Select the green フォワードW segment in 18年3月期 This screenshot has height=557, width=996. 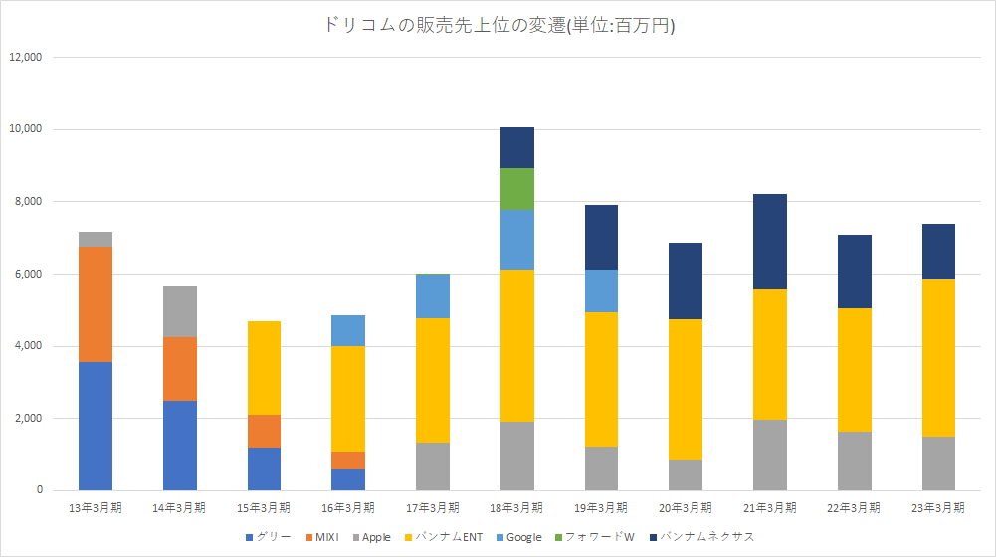pyautogui.click(x=517, y=189)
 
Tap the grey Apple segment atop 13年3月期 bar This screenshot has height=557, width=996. pyautogui.click(x=96, y=239)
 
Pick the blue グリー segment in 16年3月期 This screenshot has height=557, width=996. pyautogui.click(x=348, y=479)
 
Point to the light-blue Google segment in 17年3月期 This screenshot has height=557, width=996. pyautogui.click(x=433, y=295)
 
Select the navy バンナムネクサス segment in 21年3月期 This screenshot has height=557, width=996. pyautogui.click(x=770, y=242)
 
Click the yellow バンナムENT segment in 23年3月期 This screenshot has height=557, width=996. pyautogui.click(x=938, y=358)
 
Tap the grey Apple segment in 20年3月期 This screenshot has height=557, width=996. pyautogui.click(x=686, y=474)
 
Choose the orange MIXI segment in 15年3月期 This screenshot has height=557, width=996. pyautogui.click(x=264, y=431)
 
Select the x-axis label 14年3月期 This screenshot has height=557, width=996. pyautogui.click(x=180, y=507)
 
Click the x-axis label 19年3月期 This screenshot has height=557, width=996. pyautogui.click(x=601, y=507)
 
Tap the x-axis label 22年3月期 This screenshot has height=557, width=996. pyautogui.click(x=854, y=507)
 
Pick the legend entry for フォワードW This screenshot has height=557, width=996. pyautogui.click(x=602, y=537)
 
